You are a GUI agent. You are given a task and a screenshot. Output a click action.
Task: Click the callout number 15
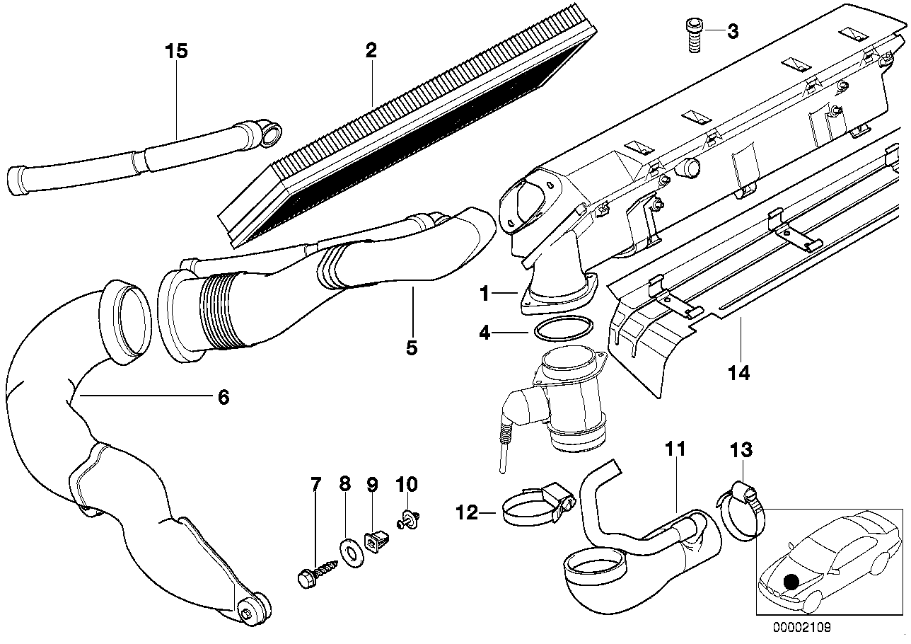pos(176,51)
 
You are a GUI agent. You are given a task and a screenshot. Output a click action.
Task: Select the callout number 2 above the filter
pos(371,50)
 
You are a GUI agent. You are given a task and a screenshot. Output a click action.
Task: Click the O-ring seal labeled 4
pos(563,331)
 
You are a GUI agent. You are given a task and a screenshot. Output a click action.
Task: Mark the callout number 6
pos(223,398)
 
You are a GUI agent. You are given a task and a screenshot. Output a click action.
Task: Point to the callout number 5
pos(412,347)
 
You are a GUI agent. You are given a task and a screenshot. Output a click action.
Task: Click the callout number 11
pos(675,449)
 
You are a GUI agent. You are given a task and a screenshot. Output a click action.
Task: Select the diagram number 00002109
pos(801,626)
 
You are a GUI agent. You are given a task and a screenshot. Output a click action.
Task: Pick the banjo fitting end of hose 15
pos(269,130)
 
